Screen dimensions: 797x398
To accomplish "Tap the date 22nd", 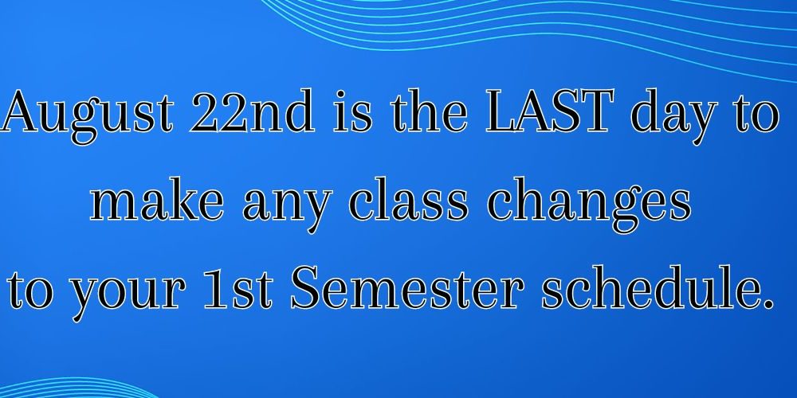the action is click(x=252, y=111).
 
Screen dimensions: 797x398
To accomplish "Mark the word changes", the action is click(x=589, y=205).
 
